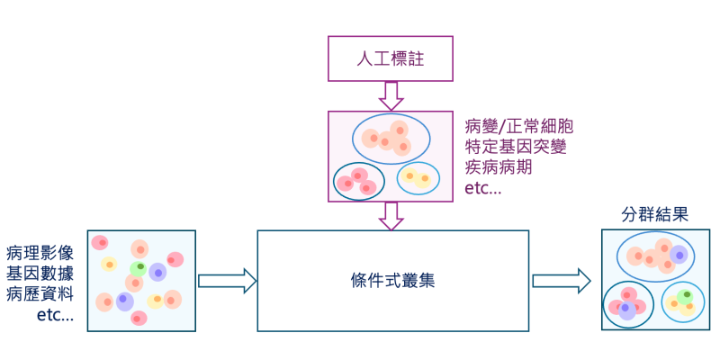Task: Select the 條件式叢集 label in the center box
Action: point(392,280)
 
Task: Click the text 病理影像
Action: point(40,253)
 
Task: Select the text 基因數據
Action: point(40,274)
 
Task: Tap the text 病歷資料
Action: point(40,294)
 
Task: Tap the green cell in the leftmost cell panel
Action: point(139,267)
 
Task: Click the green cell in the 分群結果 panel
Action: point(685,295)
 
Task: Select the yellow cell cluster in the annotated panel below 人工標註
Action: point(418,177)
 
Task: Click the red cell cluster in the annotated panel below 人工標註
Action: point(358,181)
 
